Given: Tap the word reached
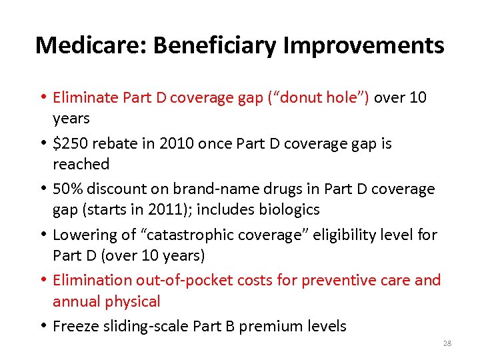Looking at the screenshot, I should [x=81, y=164].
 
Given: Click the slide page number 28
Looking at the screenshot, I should [x=447, y=343].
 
